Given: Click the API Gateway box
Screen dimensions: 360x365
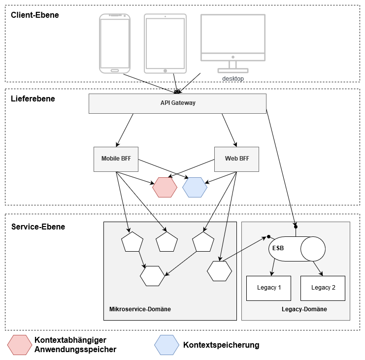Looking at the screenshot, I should [x=177, y=103].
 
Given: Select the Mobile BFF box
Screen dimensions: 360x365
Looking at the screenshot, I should [x=116, y=159].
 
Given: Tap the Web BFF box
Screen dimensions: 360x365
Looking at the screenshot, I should [x=237, y=159].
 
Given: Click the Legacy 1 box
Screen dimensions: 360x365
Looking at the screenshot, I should [x=268, y=288].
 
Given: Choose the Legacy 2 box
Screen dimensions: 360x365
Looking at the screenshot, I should [x=323, y=288].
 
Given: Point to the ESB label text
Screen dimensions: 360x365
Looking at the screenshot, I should [x=278, y=248].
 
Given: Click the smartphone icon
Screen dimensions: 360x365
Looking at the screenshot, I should [x=115, y=43].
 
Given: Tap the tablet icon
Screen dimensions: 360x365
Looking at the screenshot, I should [x=165, y=43].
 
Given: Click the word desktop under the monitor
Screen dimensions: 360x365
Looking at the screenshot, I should [x=232, y=79].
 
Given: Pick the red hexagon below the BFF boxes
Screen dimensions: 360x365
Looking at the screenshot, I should [x=165, y=188].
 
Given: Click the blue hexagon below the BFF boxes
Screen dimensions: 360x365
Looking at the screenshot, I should [x=195, y=188].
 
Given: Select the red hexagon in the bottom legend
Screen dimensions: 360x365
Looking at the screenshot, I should [x=20, y=345].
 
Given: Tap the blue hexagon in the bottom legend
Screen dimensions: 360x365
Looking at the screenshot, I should [x=167, y=345].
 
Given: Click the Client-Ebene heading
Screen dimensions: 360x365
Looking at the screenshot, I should [x=35, y=15].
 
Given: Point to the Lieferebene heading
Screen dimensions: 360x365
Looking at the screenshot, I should [x=33, y=99].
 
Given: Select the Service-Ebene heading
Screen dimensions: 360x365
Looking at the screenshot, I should [x=38, y=227].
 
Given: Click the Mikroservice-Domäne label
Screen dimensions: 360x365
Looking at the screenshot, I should [x=140, y=309].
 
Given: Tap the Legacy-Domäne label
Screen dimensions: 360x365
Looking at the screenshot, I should [x=304, y=309].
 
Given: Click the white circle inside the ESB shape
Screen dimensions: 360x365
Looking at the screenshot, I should [x=313, y=249].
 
